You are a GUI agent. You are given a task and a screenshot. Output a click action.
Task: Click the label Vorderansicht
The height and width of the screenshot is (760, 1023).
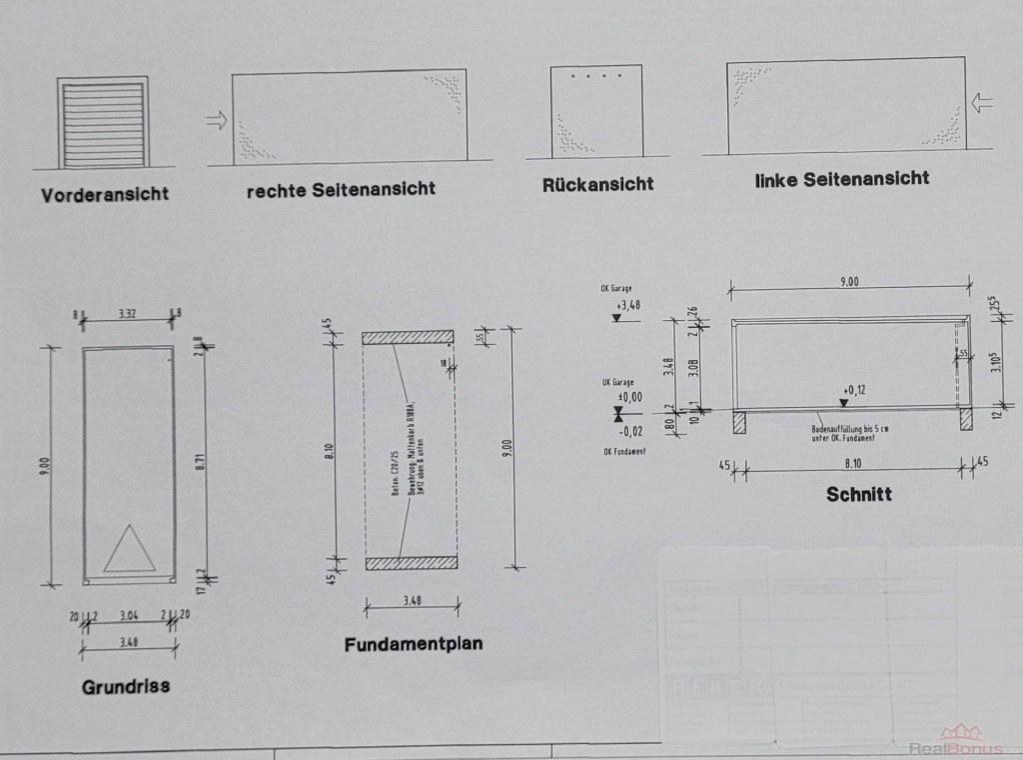click(105, 194)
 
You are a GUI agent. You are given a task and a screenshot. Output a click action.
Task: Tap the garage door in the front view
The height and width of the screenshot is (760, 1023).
click(104, 124)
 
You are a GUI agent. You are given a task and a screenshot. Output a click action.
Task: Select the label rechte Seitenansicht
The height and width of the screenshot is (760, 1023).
click(341, 189)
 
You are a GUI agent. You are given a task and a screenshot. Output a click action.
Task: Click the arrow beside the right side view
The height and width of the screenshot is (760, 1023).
click(216, 121)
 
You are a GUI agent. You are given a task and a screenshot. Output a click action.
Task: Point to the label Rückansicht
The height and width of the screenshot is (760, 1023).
click(598, 184)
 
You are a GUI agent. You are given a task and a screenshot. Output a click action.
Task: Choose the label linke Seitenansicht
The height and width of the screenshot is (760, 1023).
click(842, 179)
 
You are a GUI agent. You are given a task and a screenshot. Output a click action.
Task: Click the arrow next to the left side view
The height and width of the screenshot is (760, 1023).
click(983, 102)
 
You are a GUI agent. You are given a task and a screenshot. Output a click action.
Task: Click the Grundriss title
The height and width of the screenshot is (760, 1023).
click(126, 686)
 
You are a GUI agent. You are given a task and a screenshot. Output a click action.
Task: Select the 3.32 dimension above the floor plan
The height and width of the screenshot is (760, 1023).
click(128, 314)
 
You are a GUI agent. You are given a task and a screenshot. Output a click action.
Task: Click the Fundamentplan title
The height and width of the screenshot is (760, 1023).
click(413, 645)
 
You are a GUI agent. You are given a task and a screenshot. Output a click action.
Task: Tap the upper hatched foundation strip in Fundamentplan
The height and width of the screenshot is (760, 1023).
click(408, 338)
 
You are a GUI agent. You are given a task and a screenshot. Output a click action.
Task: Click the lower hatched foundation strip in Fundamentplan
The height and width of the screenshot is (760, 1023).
click(411, 563)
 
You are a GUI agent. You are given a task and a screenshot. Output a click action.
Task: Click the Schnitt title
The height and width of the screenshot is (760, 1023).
click(858, 494)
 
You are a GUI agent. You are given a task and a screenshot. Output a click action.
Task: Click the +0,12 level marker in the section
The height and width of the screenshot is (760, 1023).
click(851, 390)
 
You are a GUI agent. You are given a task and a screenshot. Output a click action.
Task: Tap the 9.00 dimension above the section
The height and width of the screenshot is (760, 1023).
click(848, 282)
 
